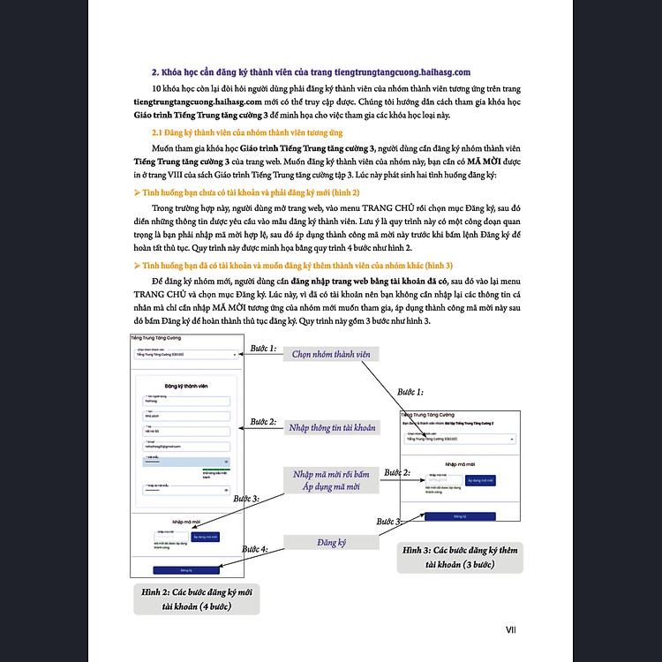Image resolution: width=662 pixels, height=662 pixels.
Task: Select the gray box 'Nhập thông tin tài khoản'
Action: (331, 427)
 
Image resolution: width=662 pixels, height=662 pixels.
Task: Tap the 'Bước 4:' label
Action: (252, 549)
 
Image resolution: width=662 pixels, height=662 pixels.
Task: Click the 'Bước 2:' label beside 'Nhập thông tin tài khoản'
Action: (262, 422)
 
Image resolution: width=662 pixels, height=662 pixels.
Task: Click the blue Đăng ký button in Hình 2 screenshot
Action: (185, 571)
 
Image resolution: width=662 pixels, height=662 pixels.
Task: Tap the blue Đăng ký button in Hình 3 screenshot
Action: (459, 515)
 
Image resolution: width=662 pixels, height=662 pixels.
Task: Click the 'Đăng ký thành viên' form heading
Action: (185, 386)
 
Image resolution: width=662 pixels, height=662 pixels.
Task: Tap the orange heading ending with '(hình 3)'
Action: (280, 265)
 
